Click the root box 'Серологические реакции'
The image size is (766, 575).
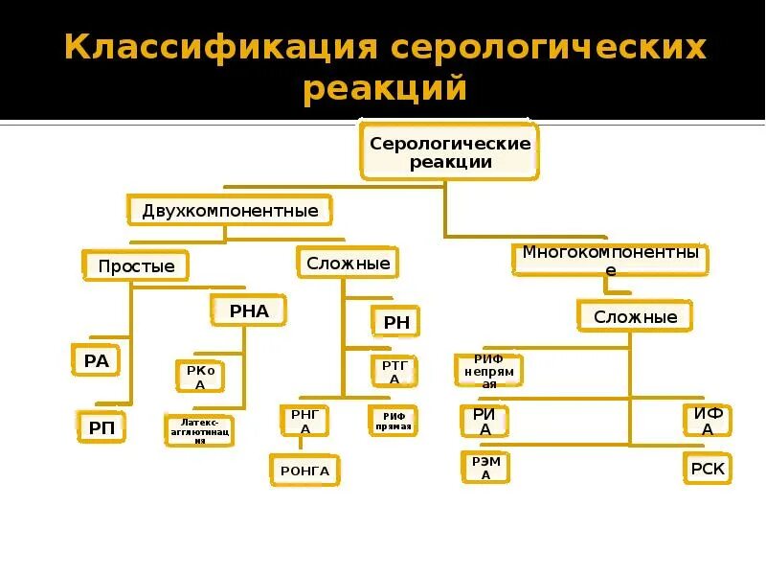(x=450, y=151)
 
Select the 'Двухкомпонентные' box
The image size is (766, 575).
(x=230, y=210)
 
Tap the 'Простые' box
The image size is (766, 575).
(x=137, y=265)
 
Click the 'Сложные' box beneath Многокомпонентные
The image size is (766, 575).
(x=635, y=316)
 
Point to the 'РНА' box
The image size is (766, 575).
(x=249, y=310)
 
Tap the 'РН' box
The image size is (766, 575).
(x=395, y=322)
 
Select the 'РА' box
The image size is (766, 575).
(x=96, y=360)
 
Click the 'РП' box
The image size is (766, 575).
(x=101, y=427)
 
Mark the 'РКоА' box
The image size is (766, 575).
(x=200, y=376)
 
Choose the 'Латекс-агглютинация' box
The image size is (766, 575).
(x=199, y=430)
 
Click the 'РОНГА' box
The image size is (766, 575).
(x=304, y=470)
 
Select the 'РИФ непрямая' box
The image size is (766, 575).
(x=488, y=371)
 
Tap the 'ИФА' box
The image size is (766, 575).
(x=708, y=422)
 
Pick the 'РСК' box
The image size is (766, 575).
(x=708, y=469)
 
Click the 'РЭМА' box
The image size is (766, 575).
(x=485, y=467)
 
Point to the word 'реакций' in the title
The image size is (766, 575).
(x=384, y=89)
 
